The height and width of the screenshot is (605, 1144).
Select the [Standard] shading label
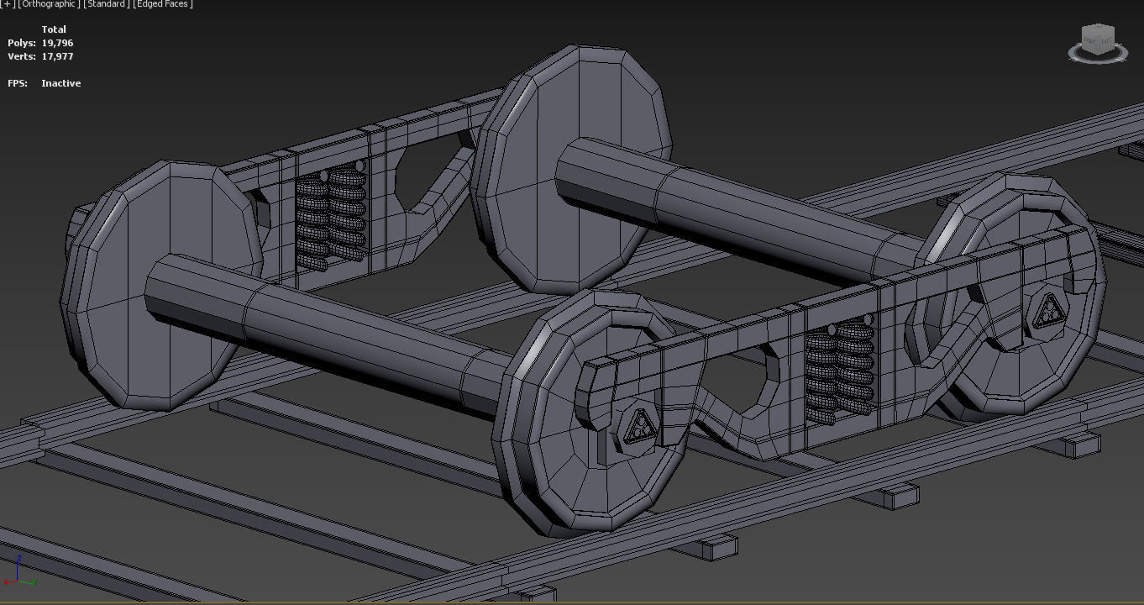107,4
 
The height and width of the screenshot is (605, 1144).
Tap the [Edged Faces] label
163,4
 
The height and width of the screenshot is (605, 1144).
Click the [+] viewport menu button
8,4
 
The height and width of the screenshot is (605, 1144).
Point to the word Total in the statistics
54,29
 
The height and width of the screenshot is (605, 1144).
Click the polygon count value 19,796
57,43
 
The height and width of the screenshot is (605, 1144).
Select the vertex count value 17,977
57,56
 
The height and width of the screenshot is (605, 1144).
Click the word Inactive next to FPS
60,83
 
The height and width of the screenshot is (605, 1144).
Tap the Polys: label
22,43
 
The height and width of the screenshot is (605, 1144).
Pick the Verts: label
22,56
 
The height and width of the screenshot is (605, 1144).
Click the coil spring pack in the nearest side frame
839,370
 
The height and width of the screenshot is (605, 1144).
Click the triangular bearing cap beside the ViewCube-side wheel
1047,313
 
